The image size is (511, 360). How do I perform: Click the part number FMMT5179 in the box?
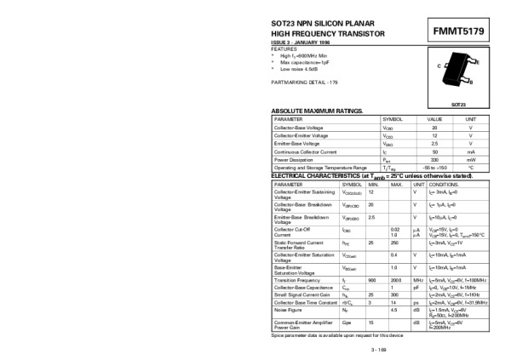click(458, 31)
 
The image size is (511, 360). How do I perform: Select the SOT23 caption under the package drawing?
click(458, 104)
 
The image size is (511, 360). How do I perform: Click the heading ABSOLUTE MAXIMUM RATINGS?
click(317, 111)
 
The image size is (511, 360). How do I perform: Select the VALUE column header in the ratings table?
click(434, 119)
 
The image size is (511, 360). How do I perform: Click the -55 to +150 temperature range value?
click(434, 168)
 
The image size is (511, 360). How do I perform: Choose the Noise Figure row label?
click(288, 310)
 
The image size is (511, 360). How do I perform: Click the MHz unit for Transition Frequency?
click(418, 279)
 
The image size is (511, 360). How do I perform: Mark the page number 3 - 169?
click(380, 349)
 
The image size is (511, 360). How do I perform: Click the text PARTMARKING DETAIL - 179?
click(304, 81)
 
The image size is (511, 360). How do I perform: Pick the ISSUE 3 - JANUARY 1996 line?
click(302, 42)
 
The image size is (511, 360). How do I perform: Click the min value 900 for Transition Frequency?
click(371, 279)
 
